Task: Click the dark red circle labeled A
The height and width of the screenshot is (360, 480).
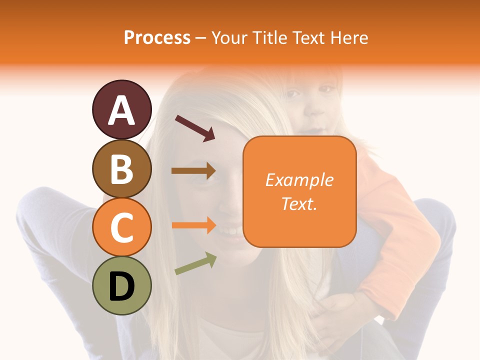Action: (121, 109)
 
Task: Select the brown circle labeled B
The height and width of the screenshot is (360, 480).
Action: (121, 168)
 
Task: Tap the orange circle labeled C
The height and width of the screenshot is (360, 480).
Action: (121, 227)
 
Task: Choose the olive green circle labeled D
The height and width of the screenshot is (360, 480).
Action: (121, 286)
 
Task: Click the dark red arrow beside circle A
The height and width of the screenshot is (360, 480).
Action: (195, 128)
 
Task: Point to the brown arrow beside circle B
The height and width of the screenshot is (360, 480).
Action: (193, 171)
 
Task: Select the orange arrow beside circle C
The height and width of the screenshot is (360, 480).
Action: (193, 225)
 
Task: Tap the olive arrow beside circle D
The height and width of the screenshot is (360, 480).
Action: (195, 263)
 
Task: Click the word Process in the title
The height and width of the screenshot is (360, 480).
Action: (157, 37)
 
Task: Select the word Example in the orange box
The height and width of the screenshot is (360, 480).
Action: (299, 180)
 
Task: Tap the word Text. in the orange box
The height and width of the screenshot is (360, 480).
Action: (299, 203)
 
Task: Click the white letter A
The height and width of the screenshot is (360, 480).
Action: (121, 110)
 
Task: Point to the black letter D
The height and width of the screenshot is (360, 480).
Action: (121, 287)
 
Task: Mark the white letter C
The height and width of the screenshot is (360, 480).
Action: (121, 228)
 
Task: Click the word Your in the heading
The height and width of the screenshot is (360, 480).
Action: (230, 37)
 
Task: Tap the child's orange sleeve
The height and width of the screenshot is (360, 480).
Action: (395, 225)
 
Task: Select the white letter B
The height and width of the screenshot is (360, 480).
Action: (121, 169)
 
